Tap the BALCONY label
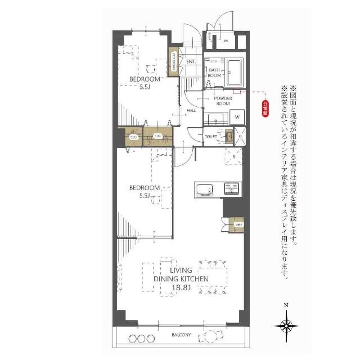coord(181,336)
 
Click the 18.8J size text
coord(181,289)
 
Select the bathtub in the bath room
coord(235,73)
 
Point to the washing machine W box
coord(237,117)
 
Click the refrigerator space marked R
coord(233,156)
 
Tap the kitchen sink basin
coord(204,189)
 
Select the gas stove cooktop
coord(231,188)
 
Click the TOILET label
coord(211,137)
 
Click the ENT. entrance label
coord(190,61)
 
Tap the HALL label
coord(191,110)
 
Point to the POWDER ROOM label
coord(223,101)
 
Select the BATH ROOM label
coord(215,72)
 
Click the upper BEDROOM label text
coord(145,79)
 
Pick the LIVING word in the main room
coord(181,271)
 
